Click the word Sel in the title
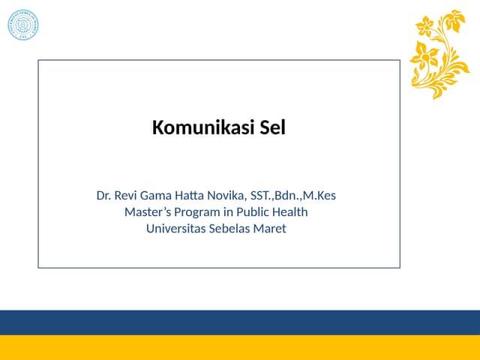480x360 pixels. click(272, 128)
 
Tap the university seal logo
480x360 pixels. click(22, 25)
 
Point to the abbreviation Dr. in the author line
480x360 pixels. click(104, 196)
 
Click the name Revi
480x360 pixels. click(129, 196)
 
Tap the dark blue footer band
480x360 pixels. click(240, 322)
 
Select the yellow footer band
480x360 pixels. click(240, 348)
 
